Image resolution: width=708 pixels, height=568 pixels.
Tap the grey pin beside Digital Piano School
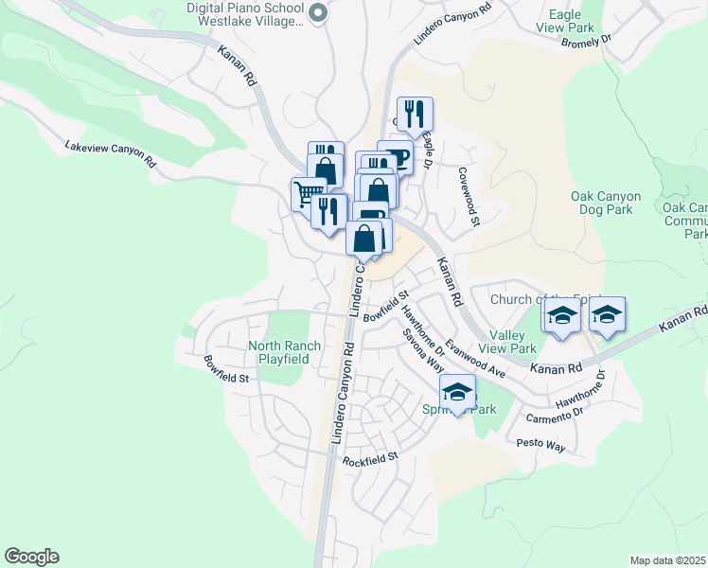click(318, 12)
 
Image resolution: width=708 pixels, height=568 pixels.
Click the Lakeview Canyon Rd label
click(110, 153)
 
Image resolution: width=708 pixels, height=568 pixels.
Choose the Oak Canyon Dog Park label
click(606, 204)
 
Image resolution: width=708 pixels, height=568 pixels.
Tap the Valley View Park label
click(513, 342)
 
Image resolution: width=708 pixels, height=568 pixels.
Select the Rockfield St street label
click(371, 460)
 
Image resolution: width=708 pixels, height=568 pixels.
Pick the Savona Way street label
click(422, 349)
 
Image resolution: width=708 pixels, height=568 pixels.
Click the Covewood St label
click(469, 197)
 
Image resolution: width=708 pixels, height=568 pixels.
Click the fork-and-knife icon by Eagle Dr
click(415, 115)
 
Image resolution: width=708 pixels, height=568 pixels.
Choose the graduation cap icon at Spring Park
click(457, 392)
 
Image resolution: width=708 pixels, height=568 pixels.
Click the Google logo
click(31, 557)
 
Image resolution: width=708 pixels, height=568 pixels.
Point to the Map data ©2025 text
click(667, 560)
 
